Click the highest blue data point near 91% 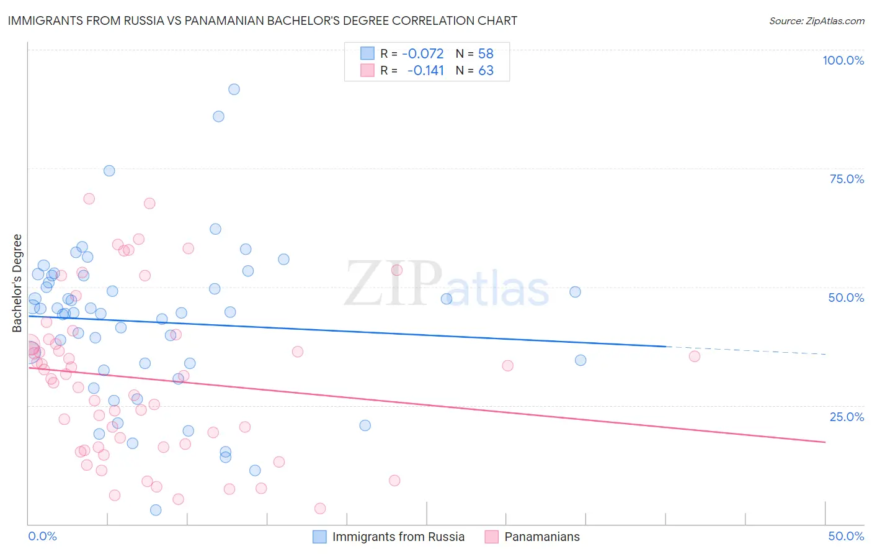(234, 89)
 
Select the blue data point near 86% (218, 117)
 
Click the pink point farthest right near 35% (695, 356)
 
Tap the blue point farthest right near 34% (581, 360)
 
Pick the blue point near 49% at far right (576, 292)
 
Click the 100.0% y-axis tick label (843, 60)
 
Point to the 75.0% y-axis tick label (847, 179)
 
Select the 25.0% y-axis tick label (847, 417)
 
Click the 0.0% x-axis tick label (42, 536)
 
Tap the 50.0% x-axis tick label (846, 536)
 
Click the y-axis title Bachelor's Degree (17, 283)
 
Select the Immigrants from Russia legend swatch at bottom (319, 537)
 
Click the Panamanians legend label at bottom (542, 537)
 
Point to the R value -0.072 (423, 54)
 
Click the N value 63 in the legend (486, 71)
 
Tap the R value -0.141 (426, 71)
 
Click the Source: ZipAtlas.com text (817, 21)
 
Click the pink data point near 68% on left (89, 199)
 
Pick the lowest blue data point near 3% (156, 510)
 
